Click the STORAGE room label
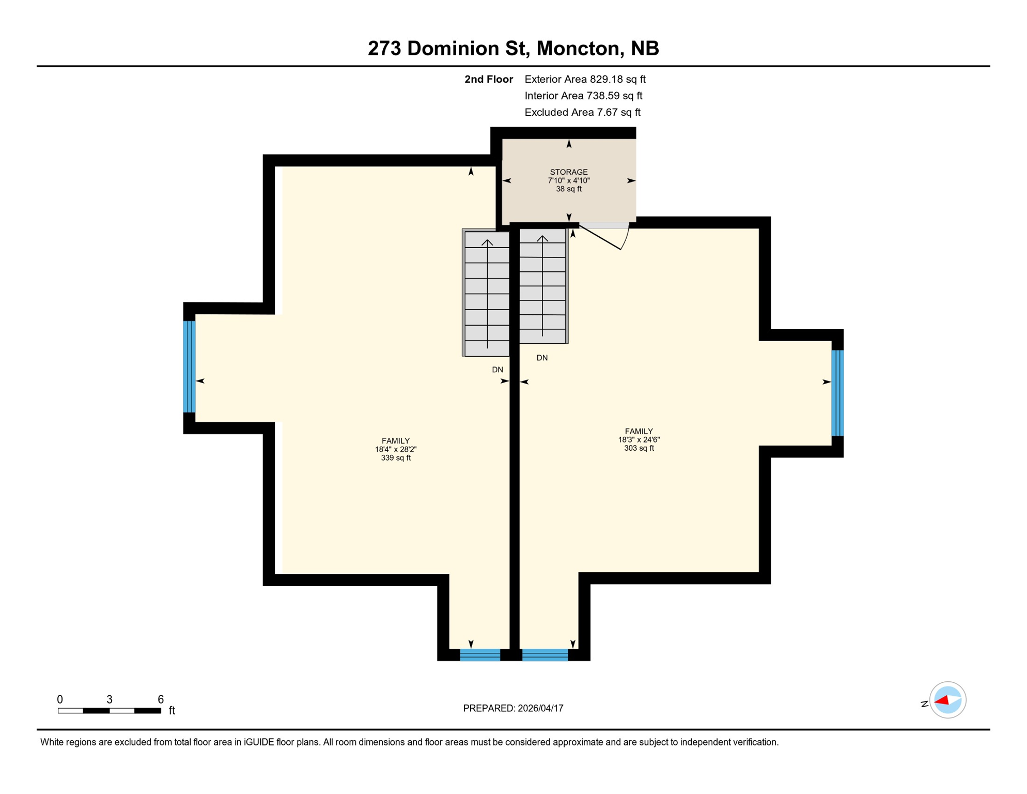coord(568,172)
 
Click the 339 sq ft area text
coord(396,458)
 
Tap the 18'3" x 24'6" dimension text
coord(639,440)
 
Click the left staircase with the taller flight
coord(487,294)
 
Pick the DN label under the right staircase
coord(542,358)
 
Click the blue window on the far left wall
coord(190,367)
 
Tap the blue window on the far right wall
coord(837,393)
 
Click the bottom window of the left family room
coord(480,655)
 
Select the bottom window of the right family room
coord(545,655)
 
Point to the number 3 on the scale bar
coord(110,699)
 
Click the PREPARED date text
coord(513,708)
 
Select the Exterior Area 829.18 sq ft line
coord(585,79)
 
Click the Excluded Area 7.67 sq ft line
coord(582,112)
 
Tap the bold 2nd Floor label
coord(488,79)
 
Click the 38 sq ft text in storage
coord(568,189)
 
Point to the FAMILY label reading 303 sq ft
coord(639,431)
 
